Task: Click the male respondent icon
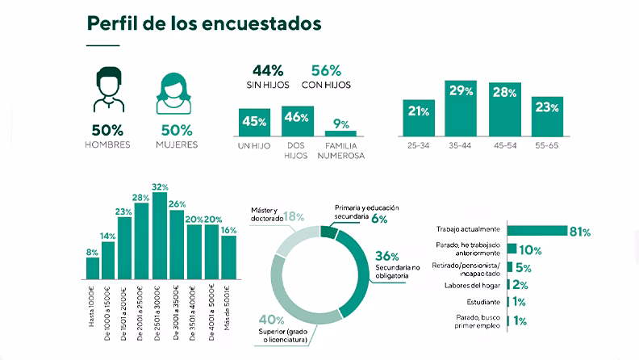click(x=106, y=91)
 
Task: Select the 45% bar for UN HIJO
click(x=254, y=122)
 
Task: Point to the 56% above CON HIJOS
click(x=325, y=70)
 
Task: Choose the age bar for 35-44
click(x=461, y=108)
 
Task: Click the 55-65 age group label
click(x=546, y=146)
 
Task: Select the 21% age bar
click(x=418, y=118)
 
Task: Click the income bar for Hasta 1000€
click(x=93, y=267)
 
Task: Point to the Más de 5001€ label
click(x=228, y=304)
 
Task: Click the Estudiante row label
click(x=482, y=302)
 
